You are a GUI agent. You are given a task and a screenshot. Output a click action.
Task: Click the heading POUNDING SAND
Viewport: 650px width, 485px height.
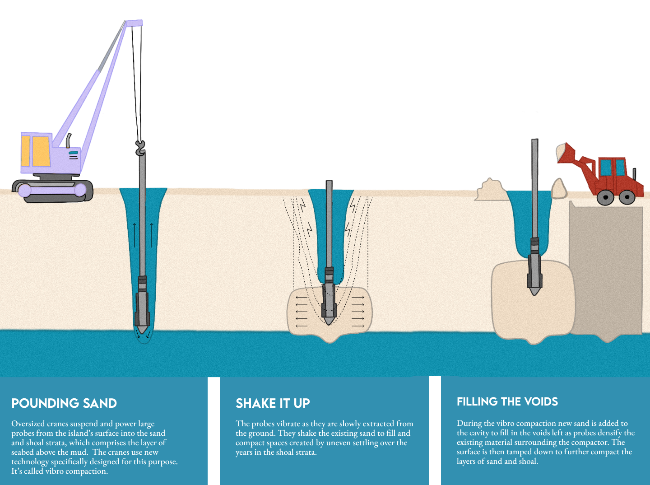coord(64,403)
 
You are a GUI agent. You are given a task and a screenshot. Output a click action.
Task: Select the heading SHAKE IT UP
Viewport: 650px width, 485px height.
coord(273,403)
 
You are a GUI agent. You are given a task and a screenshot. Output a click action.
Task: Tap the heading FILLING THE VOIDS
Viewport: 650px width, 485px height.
coord(507,402)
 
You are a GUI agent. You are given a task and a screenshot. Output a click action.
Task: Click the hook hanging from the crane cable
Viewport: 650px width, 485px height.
coord(140,148)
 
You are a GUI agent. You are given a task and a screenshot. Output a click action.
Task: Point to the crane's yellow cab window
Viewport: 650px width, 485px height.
coord(41,151)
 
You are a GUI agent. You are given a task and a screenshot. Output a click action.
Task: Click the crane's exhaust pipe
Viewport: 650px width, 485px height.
coord(69,141)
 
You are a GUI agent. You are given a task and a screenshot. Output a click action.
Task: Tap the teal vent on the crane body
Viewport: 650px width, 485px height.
coord(73,153)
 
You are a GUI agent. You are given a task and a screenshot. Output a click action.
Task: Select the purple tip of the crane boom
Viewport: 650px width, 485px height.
coord(134,23)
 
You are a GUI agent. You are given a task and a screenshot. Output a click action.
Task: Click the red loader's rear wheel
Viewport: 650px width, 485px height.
coord(627,197)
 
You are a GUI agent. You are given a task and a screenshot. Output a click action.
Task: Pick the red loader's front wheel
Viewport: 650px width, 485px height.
coord(605,197)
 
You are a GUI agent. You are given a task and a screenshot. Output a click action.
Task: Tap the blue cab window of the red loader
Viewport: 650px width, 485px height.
coord(606,168)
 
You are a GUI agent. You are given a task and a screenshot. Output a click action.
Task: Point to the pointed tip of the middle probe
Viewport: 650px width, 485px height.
coord(329,323)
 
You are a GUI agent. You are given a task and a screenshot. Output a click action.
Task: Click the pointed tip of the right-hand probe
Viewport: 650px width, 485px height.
coord(534,294)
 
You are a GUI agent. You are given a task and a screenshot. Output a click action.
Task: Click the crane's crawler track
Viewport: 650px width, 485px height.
coord(53,191)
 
